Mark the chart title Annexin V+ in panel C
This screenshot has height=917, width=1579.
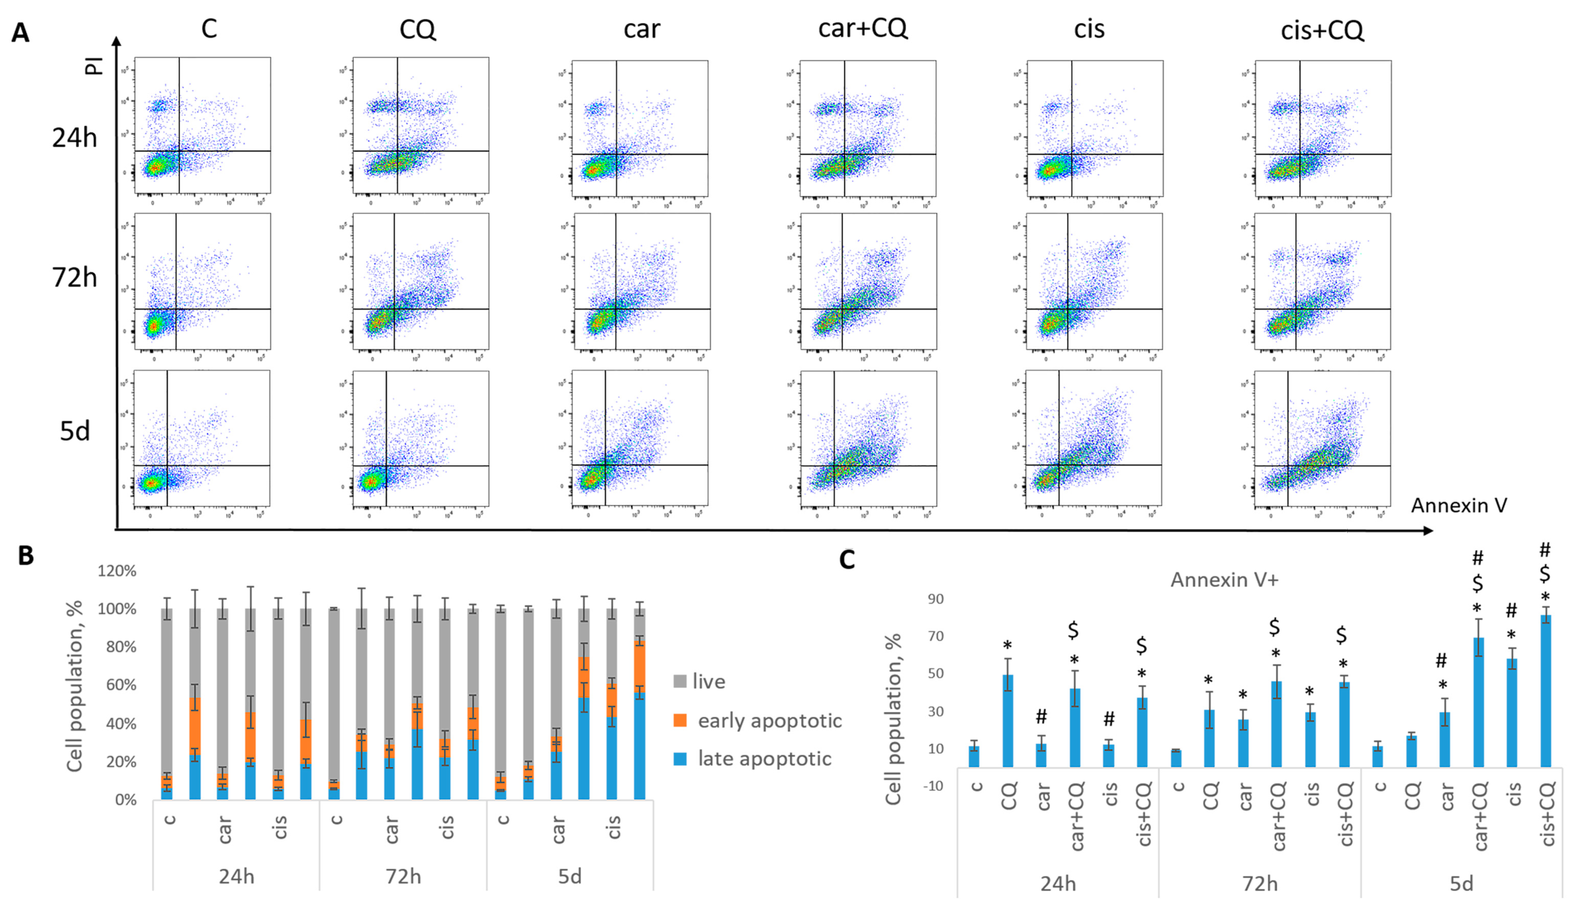click(x=1224, y=580)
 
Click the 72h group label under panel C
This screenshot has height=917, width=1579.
click(x=1259, y=884)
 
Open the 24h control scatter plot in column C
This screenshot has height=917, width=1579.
click(x=202, y=125)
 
